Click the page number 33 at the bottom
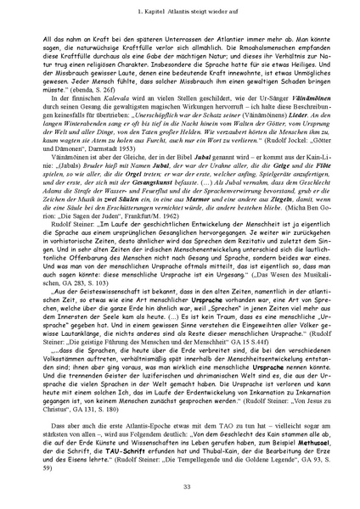(180, 485)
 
